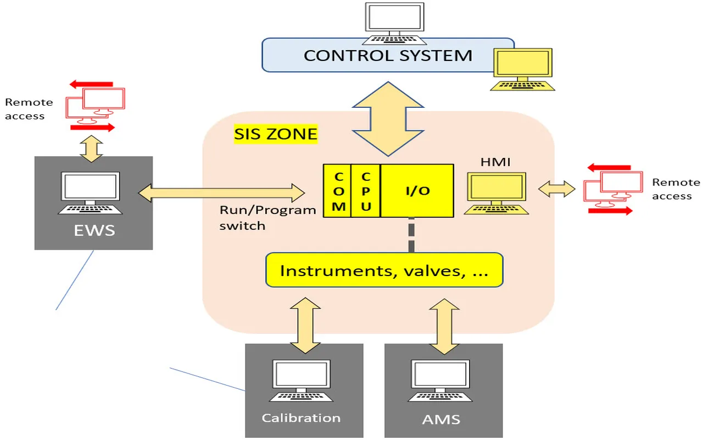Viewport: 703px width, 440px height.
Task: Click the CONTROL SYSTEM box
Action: click(388, 55)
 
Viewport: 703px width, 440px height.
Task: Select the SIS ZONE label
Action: click(276, 134)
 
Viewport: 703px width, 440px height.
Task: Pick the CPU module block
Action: click(366, 191)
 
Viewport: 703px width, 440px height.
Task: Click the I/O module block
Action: click(417, 191)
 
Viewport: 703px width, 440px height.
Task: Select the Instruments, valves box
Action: click(384, 270)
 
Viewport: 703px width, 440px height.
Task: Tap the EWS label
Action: click(93, 230)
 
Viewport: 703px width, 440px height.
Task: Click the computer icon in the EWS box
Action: click(91, 193)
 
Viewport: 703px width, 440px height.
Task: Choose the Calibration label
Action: click(301, 418)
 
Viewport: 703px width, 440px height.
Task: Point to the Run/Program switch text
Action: click(267, 218)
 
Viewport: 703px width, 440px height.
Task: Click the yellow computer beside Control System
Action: click(522, 69)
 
